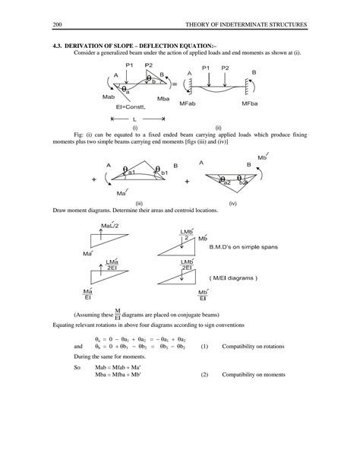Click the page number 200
pos(57,26)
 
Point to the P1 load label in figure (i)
pos(129,65)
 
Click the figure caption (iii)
pos(139,204)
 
